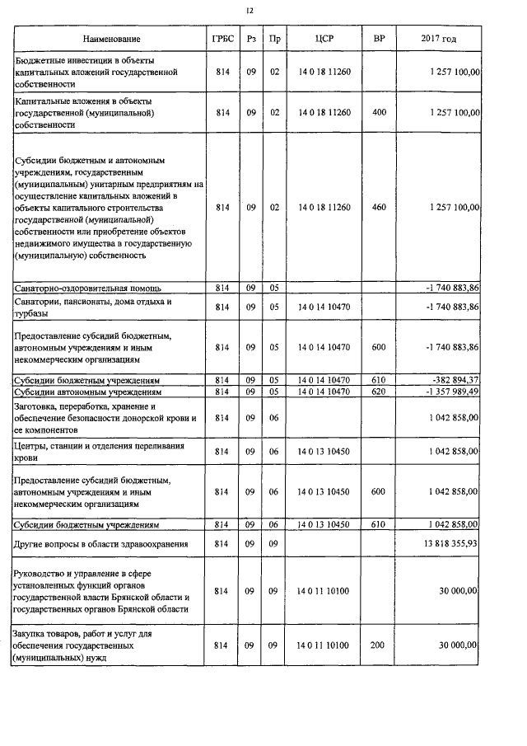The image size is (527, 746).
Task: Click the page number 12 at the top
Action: point(251,11)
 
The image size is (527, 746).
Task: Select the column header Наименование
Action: point(111,39)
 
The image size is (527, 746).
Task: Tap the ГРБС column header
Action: point(222,39)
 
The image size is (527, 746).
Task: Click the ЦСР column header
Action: point(324,39)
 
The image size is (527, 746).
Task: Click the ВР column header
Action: point(378,39)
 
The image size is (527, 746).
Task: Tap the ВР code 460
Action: point(378,208)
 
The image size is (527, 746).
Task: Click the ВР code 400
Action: point(378,112)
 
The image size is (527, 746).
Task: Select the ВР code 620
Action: point(378,392)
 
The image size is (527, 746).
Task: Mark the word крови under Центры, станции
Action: point(26,457)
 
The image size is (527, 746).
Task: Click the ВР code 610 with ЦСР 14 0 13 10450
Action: point(378,523)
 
